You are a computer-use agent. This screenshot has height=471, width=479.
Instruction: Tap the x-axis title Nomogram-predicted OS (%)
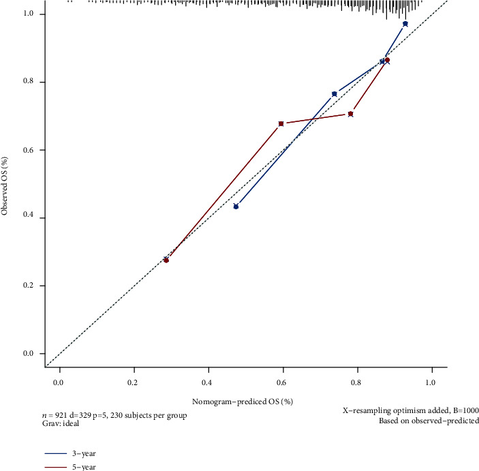click(x=247, y=400)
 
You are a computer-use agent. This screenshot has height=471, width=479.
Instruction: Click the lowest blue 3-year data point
click(x=236, y=206)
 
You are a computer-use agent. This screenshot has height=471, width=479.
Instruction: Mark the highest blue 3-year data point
click(x=405, y=24)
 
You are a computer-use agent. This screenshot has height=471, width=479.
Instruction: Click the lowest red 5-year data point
click(x=166, y=260)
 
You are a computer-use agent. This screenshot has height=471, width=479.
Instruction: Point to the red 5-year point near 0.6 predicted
click(x=281, y=123)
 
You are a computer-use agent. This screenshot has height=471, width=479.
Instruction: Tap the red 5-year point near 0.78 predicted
click(x=350, y=114)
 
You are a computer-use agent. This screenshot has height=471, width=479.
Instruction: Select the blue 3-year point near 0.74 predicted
click(x=334, y=94)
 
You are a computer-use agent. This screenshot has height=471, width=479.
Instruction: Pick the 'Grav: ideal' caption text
click(x=59, y=423)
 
